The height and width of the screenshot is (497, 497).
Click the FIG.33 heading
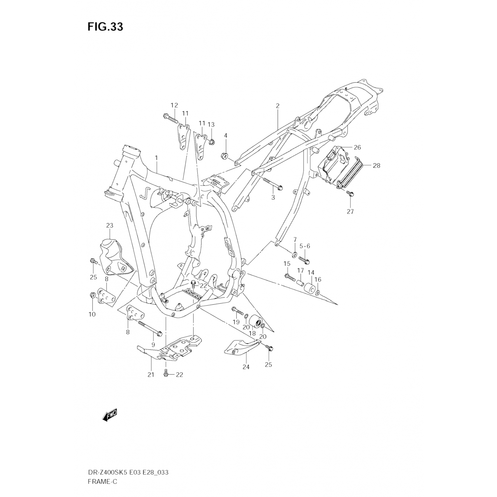point(105,27)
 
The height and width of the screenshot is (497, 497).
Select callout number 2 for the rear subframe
point(278,106)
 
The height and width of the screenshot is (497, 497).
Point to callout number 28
point(376,165)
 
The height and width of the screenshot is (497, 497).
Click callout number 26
point(357,147)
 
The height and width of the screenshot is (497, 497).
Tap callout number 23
point(110,225)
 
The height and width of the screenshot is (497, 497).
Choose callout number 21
point(151,375)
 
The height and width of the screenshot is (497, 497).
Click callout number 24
point(246,367)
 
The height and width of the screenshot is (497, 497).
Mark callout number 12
point(174,105)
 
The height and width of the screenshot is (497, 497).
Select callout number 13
point(211,125)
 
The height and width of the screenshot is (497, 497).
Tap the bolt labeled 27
point(349,193)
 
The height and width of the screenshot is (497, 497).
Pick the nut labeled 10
point(92,295)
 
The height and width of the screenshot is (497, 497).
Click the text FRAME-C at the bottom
point(102,481)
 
